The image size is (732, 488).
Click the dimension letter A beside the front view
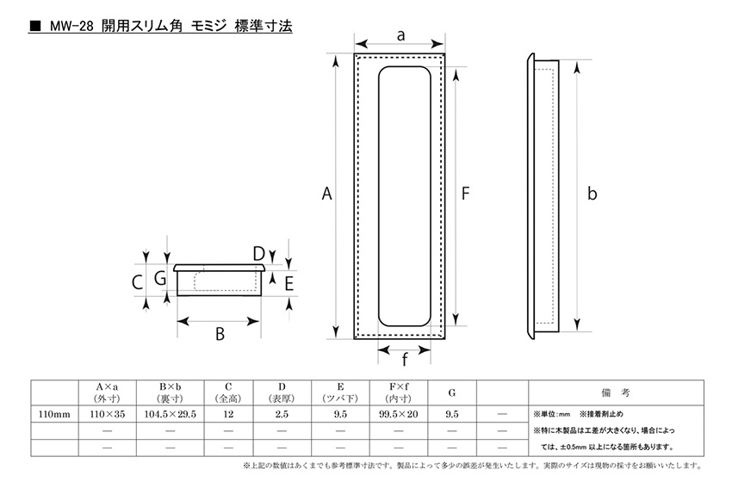click(326, 193)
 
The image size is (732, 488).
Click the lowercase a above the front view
click(400, 35)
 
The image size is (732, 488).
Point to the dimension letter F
click(465, 193)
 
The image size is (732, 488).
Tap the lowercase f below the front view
click(404, 359)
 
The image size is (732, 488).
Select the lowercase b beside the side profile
click(592, 193)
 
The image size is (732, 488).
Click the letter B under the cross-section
click(220, 334)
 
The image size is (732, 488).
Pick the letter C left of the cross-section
click(137, 282)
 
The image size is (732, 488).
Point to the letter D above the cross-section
click(258, 254)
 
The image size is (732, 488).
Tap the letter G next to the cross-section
click(160, 279)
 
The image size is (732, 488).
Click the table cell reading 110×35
click(108, 414)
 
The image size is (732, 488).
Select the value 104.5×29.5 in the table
click(170, 414)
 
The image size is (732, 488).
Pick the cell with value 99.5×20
click(399, 414)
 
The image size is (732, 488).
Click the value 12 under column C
click(228, 414)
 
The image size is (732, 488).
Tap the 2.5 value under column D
click(282, 414)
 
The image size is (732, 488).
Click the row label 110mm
click(54, 414)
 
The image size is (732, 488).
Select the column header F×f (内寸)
click(399, 392)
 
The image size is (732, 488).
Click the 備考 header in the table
click(615, 392)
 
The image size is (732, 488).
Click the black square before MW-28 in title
click(35, 26)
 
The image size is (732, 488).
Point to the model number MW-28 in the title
click(71, 26)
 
